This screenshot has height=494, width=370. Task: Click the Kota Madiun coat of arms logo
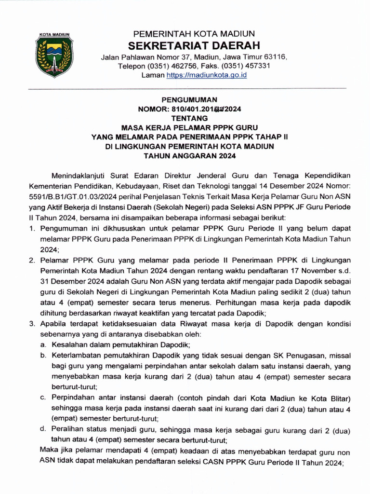click(x=54, y=55)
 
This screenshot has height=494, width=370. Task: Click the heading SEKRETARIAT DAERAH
click(x=194, y=46)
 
